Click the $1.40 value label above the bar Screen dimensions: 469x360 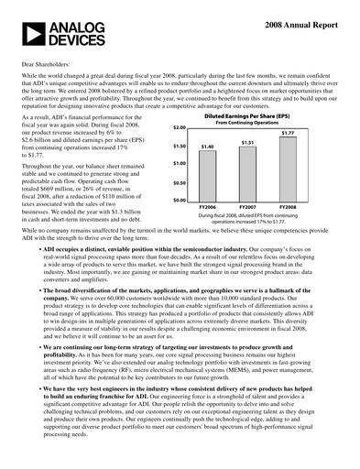tap(208, 147)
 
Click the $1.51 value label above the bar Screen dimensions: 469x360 tap(247, 143)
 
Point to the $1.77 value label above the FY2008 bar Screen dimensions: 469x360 tap(288, 134)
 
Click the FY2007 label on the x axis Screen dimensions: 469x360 tap(247, 207)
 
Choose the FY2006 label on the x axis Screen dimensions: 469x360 tap(208, 207)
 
